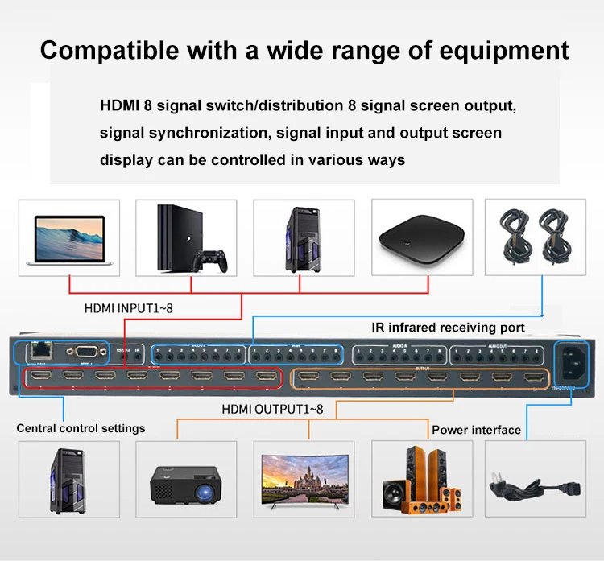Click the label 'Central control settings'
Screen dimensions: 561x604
(x=81, y=428)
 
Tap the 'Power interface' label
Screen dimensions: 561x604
(x=476, y=430)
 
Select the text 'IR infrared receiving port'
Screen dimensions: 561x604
(x=448, y=328)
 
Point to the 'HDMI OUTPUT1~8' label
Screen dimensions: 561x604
(x=272, y=409)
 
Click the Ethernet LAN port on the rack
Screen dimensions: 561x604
(x=37, y=352)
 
